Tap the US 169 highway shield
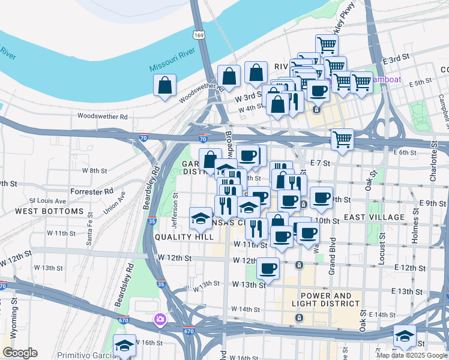(x=199, y=35)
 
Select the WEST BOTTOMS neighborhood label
(x=49, y=211)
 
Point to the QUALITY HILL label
(x=184, y=237)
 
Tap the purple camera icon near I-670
(x=160, y=319)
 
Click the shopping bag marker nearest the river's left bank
(x=164, y=86)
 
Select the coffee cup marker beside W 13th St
(x=268, y=268)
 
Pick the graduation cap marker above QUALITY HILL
(x=200, y=218)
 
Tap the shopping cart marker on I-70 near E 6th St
(x=342, y=140)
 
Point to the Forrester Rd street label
(x=91, y=191)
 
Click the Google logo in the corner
(x=20, y=352)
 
